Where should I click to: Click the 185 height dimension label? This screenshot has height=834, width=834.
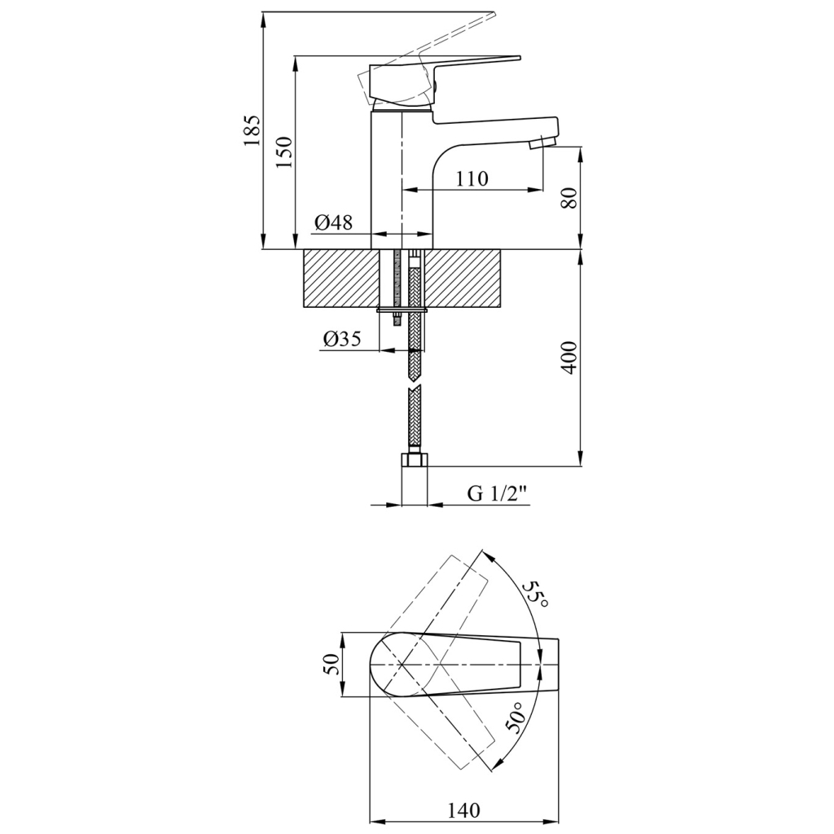[252, 130]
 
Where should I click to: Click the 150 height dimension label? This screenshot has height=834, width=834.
[284, 152]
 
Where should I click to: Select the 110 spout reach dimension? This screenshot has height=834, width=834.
[472, 178]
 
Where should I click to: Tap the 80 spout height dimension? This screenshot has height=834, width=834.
[569, 199]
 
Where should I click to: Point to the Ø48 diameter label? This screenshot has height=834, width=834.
[333, 222]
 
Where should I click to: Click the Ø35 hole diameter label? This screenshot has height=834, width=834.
[341, 338]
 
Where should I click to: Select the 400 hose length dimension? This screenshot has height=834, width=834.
[569, 358]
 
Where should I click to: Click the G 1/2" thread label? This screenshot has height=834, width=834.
[498, 494]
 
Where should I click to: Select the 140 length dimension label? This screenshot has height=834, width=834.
[463, 810]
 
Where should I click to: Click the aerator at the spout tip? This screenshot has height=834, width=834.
[543, 143]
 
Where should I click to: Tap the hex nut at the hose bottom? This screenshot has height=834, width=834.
[414, 459]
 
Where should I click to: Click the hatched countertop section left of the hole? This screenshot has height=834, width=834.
[341, 279]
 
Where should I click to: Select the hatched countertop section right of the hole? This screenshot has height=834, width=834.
[463, 279]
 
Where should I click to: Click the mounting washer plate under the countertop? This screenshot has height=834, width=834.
[402, 309]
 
